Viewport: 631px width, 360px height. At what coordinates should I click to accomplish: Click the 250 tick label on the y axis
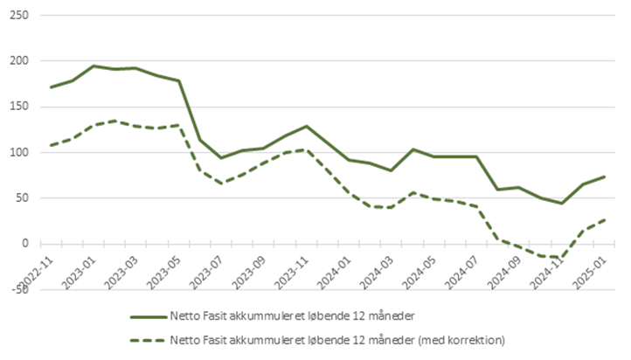18,16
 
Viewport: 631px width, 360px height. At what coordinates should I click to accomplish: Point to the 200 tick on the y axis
18,61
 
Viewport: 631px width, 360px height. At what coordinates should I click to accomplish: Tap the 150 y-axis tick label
18,107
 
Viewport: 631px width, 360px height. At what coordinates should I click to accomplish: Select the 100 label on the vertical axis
18,152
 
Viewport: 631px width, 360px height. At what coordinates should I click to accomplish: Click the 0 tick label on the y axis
24,244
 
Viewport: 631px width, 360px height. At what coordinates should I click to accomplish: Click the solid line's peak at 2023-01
94,66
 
